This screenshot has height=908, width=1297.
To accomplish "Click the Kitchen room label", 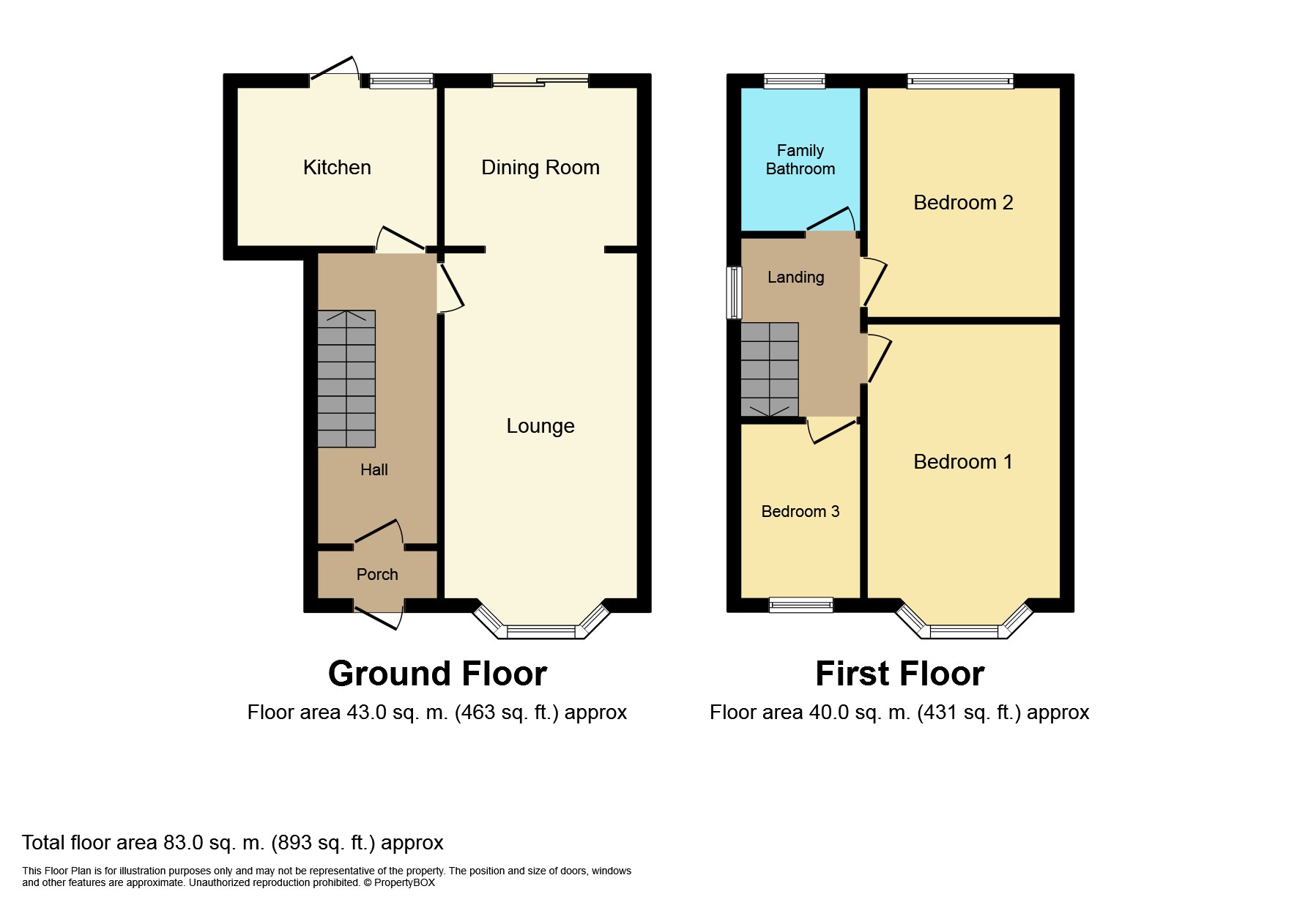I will click(337, 168).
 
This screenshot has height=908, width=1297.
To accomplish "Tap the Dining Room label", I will click(540, 168).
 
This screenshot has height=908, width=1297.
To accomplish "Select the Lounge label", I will click(540, 426).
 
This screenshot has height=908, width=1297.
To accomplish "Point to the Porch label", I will click(376, 575).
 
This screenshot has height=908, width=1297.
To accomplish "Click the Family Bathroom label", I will click(800, 160).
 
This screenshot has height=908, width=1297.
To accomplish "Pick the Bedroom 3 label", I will click(800, 512).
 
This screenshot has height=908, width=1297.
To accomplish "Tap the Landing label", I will click(795, 278).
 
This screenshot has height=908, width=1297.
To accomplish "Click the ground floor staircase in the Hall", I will click(346, 379).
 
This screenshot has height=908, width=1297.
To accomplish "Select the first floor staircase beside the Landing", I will click(769, 369).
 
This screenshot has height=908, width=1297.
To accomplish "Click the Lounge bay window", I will click(541, 630).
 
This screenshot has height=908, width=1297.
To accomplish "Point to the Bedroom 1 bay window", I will click(963, 630).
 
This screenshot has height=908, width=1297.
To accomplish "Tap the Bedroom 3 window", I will click(800, 605).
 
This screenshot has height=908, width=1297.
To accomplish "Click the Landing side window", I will click(733, 293).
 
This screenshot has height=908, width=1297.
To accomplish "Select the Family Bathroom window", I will click(794, 81).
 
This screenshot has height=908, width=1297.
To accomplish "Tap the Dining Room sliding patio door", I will click(540, 81).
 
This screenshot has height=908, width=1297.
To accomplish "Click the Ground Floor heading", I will click(437, 674).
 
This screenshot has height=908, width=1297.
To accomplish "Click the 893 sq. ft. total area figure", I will click(323, 843).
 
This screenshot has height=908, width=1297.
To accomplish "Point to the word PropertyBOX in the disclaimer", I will click(404, 883).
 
